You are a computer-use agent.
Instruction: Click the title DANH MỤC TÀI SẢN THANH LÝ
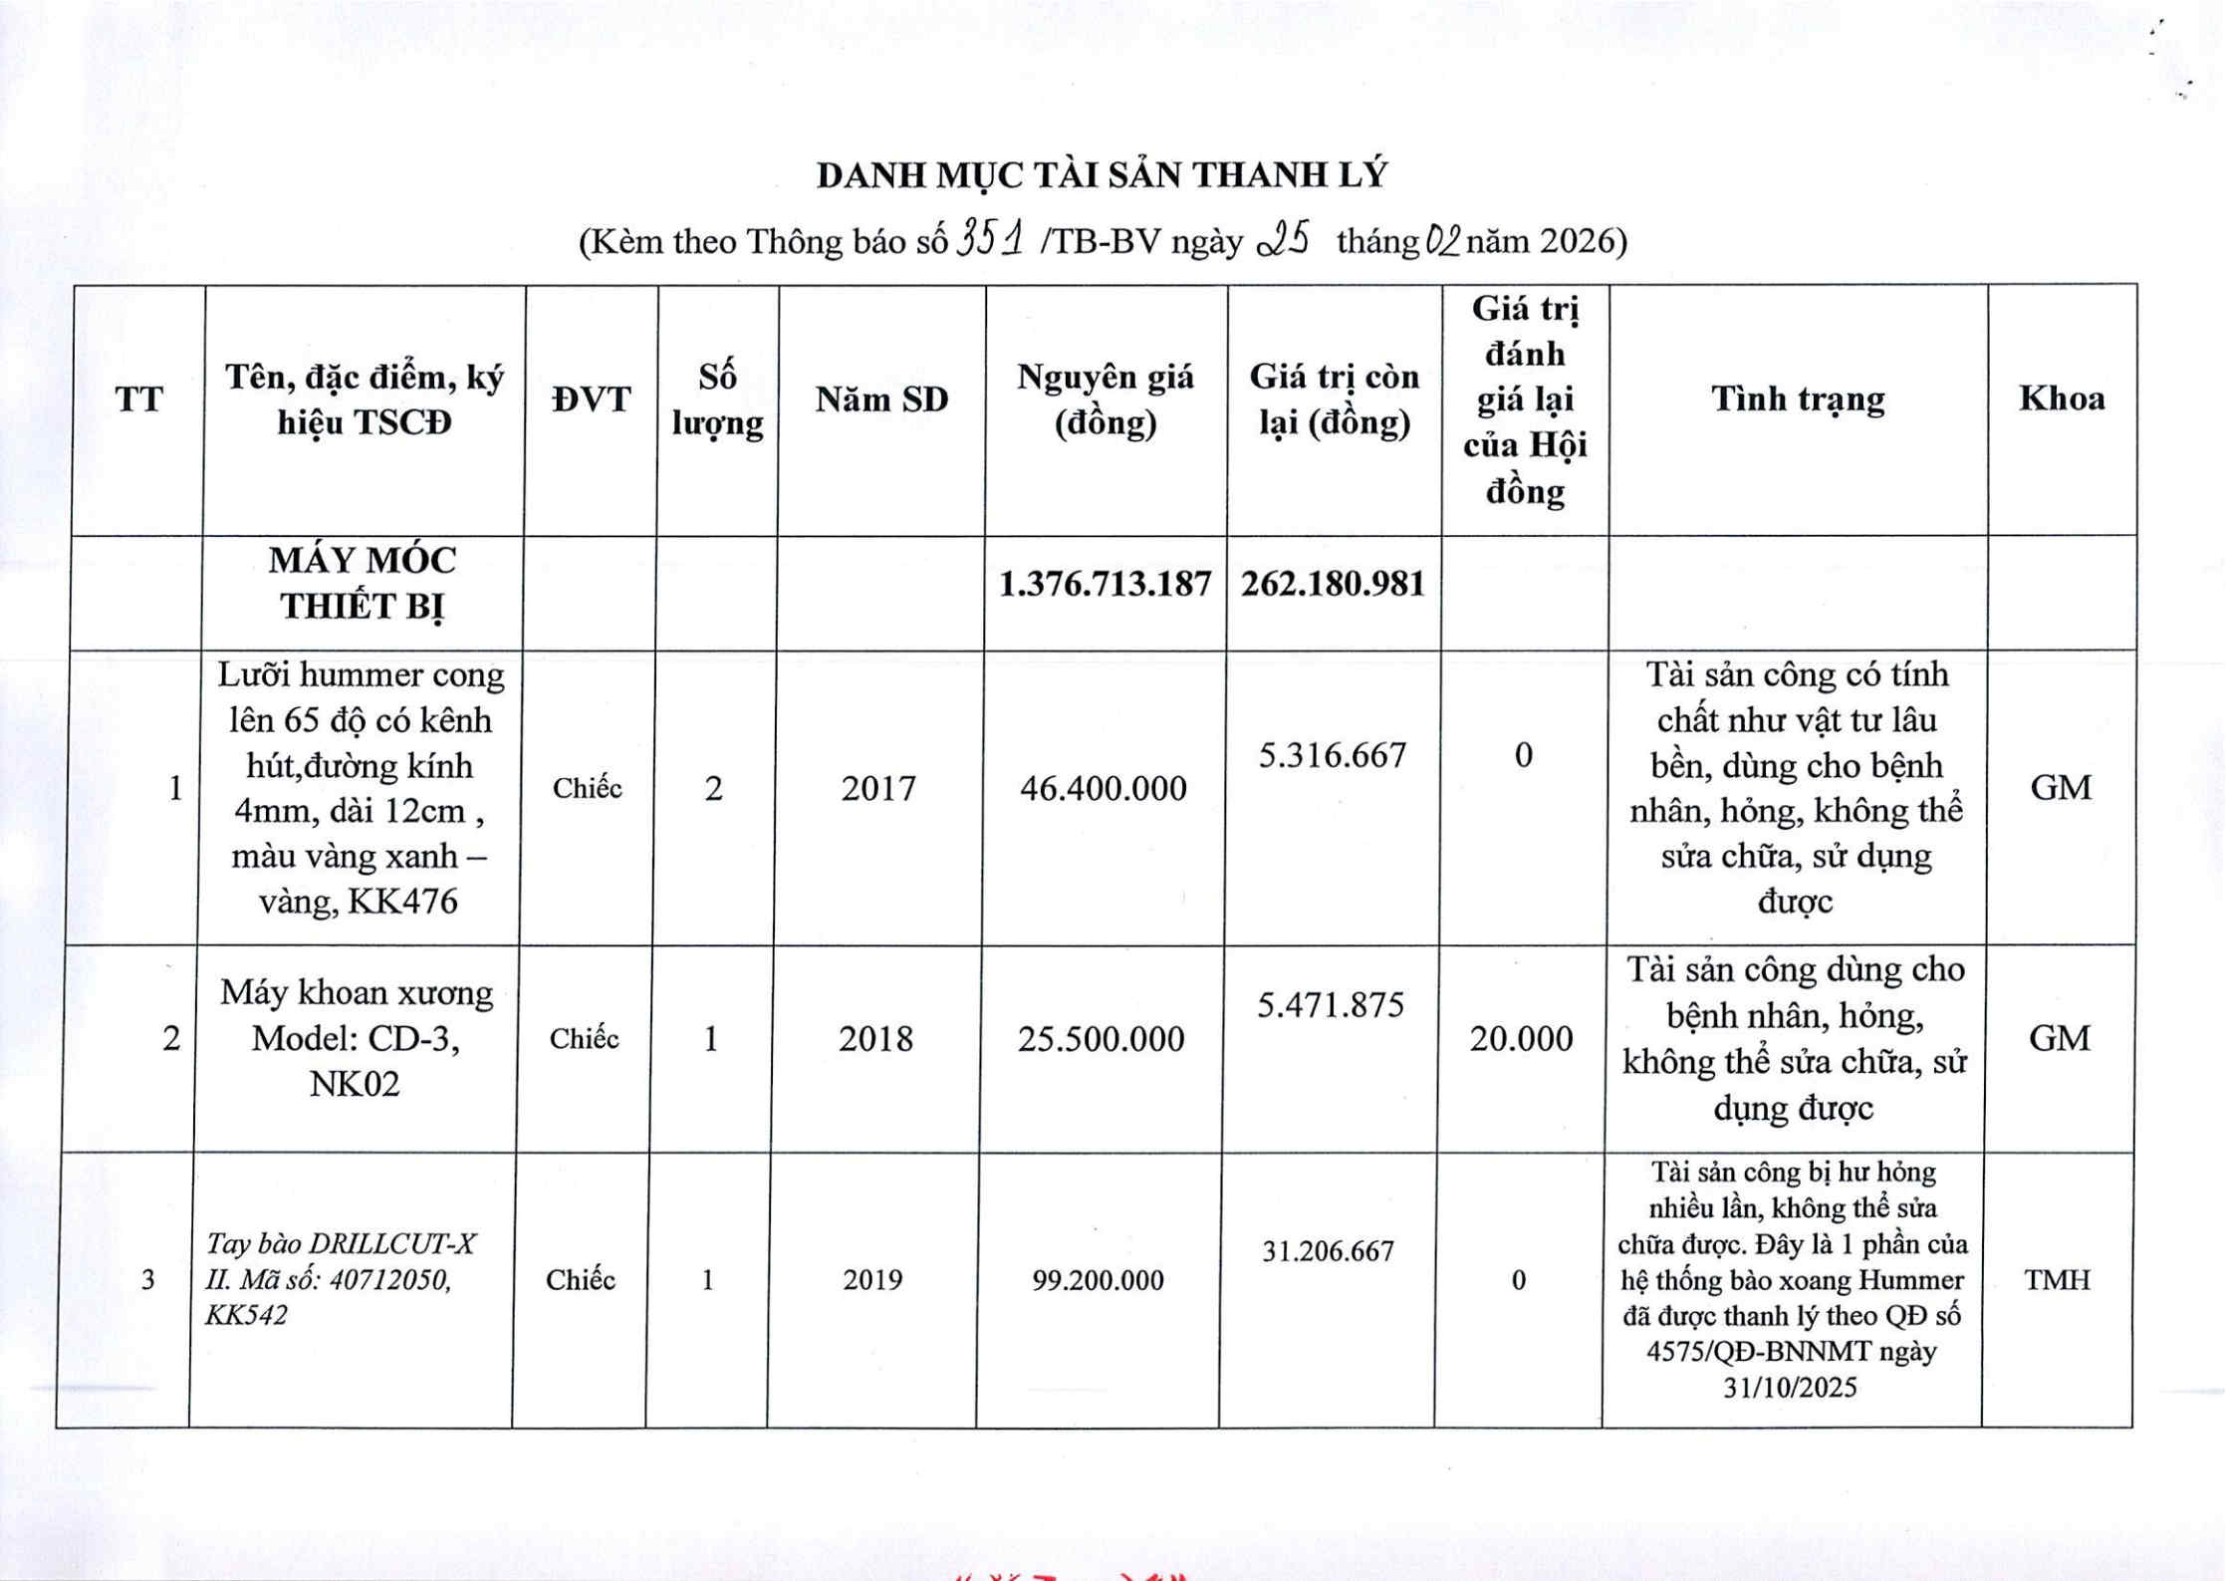1101,175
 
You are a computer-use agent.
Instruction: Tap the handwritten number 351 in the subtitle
989,239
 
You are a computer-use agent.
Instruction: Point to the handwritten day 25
1284,240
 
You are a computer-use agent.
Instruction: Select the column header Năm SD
881,399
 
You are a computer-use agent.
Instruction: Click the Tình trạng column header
1798,398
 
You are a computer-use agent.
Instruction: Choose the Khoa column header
2061,398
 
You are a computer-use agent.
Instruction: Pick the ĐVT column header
592,399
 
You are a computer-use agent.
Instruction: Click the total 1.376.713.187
1105,584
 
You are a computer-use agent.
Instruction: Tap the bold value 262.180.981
1333,584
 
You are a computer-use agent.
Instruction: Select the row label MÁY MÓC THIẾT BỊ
363,583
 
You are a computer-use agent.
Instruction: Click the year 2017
877,789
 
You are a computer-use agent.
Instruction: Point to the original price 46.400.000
1103,789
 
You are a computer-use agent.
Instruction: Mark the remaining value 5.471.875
1330,1005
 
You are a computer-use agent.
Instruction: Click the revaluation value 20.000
1520,1039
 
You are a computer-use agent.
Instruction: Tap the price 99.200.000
1098,1280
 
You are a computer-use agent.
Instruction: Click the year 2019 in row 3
871,1280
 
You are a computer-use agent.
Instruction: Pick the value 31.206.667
1328,1251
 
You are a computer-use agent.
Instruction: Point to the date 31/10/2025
1790,1388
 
